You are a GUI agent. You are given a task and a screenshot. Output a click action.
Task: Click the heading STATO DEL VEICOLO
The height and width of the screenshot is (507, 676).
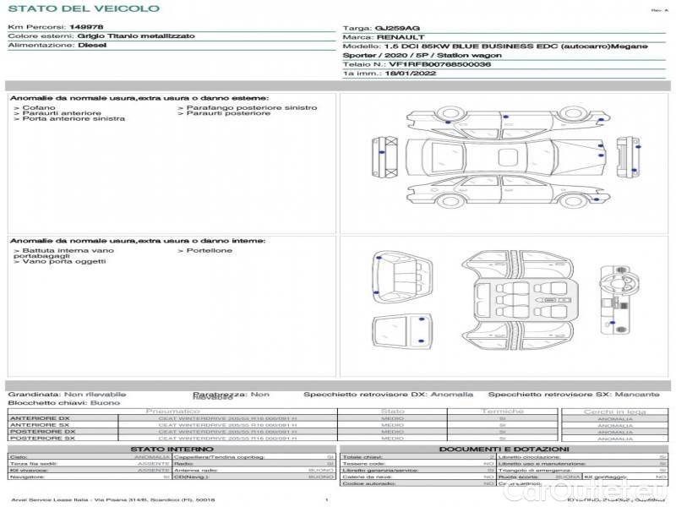[x=83, y=8]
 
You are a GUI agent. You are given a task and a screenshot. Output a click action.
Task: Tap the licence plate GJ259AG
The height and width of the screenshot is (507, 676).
[x=390, y=28]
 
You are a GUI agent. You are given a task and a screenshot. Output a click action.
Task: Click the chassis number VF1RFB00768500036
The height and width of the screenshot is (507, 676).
[x=439, y=64]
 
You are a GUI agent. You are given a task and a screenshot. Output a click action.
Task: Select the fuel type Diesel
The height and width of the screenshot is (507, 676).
[x=92, y=46]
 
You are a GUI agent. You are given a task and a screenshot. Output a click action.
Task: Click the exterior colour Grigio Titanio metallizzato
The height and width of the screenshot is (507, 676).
[x=136, y=36]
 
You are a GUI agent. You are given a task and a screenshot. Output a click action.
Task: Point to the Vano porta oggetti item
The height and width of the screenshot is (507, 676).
[x=63, y=262]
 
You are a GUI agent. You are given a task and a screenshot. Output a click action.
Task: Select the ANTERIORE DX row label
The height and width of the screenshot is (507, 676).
[x=41, y=418]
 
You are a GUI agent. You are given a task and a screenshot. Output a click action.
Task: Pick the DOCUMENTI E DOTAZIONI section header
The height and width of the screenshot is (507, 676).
[x=503, y=449]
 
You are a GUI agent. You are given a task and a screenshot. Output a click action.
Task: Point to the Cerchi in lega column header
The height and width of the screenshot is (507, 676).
[x=614, y=412]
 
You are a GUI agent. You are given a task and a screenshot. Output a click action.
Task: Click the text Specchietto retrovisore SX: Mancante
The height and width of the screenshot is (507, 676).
[x=574, y=395]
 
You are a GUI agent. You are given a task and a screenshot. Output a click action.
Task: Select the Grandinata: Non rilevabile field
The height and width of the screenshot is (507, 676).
[x=67, y=395]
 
